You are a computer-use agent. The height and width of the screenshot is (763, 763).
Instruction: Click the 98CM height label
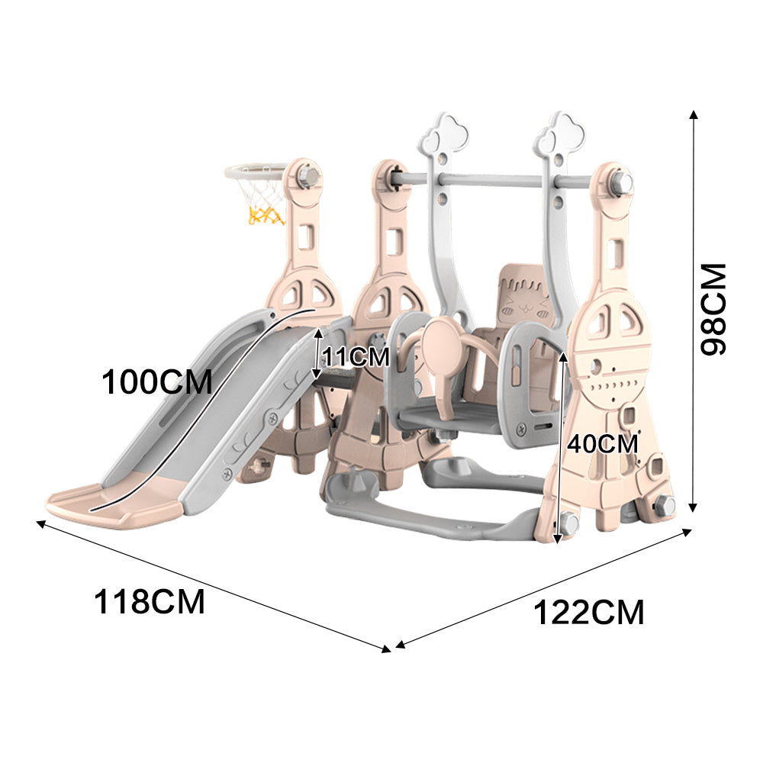coord(715,308)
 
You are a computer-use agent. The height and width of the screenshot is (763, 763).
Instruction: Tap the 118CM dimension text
coord(150,602)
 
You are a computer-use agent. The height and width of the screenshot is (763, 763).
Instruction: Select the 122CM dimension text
coord(588,613)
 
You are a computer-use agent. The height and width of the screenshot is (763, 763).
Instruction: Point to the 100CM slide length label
coord(156,381)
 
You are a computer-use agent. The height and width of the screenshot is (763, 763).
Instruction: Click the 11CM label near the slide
coord(355,356)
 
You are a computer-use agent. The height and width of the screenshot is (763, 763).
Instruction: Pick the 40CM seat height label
coord(602,443)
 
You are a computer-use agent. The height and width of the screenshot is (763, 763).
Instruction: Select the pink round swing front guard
coord(441,343)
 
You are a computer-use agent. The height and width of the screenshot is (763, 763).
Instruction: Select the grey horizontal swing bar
coord(492,181)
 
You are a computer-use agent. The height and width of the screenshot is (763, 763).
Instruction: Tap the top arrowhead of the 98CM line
coord(693,114)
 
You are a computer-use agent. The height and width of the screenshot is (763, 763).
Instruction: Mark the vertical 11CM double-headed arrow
coord(317,355)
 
